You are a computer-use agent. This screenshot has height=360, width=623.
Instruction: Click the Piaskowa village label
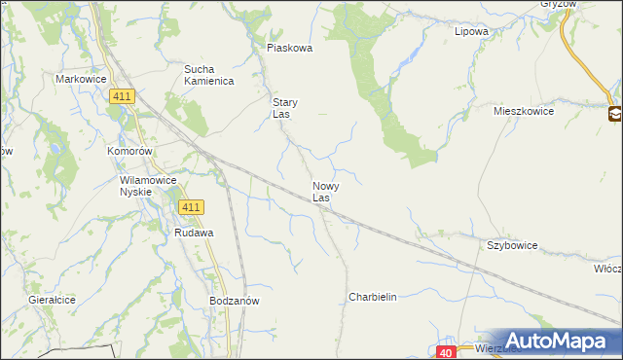coord(289,48)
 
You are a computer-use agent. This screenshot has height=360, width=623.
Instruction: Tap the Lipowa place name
coord(471,31)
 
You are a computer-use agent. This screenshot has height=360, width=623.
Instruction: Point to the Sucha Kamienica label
coord(209,75)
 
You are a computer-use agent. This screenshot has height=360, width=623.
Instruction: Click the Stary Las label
coord(284,108)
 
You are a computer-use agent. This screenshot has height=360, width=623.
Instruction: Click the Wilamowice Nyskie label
coord(148,186)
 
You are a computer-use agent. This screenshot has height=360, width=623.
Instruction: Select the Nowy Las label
coord(325,191)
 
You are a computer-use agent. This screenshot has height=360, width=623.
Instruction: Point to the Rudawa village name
coord(194,234)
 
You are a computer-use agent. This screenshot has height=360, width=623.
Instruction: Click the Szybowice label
coord(512,246)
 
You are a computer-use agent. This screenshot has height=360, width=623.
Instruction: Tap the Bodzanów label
coord(234,302)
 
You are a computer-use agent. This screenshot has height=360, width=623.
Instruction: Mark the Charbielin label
coord(373,297)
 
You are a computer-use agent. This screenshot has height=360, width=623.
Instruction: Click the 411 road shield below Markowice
coord(123,95)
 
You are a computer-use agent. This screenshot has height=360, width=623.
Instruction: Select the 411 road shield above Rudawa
coord(191,207)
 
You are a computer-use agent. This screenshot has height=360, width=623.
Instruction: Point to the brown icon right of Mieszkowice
coord(615,115)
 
